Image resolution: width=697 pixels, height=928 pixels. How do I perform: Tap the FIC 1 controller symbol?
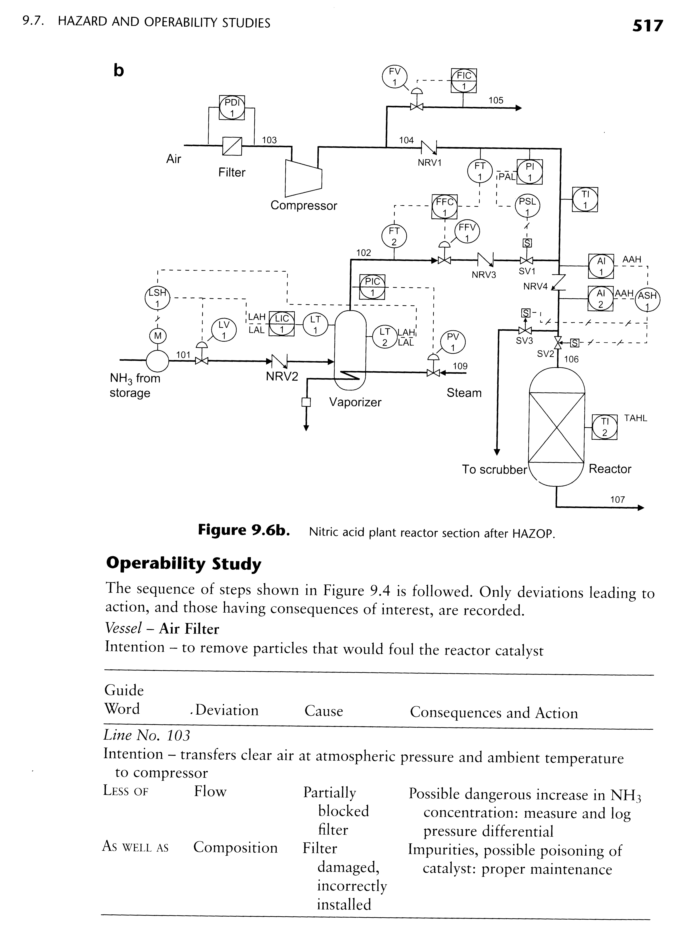464,81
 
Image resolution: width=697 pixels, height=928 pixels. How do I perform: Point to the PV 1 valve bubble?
453,342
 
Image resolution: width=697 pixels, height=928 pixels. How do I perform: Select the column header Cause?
324,711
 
